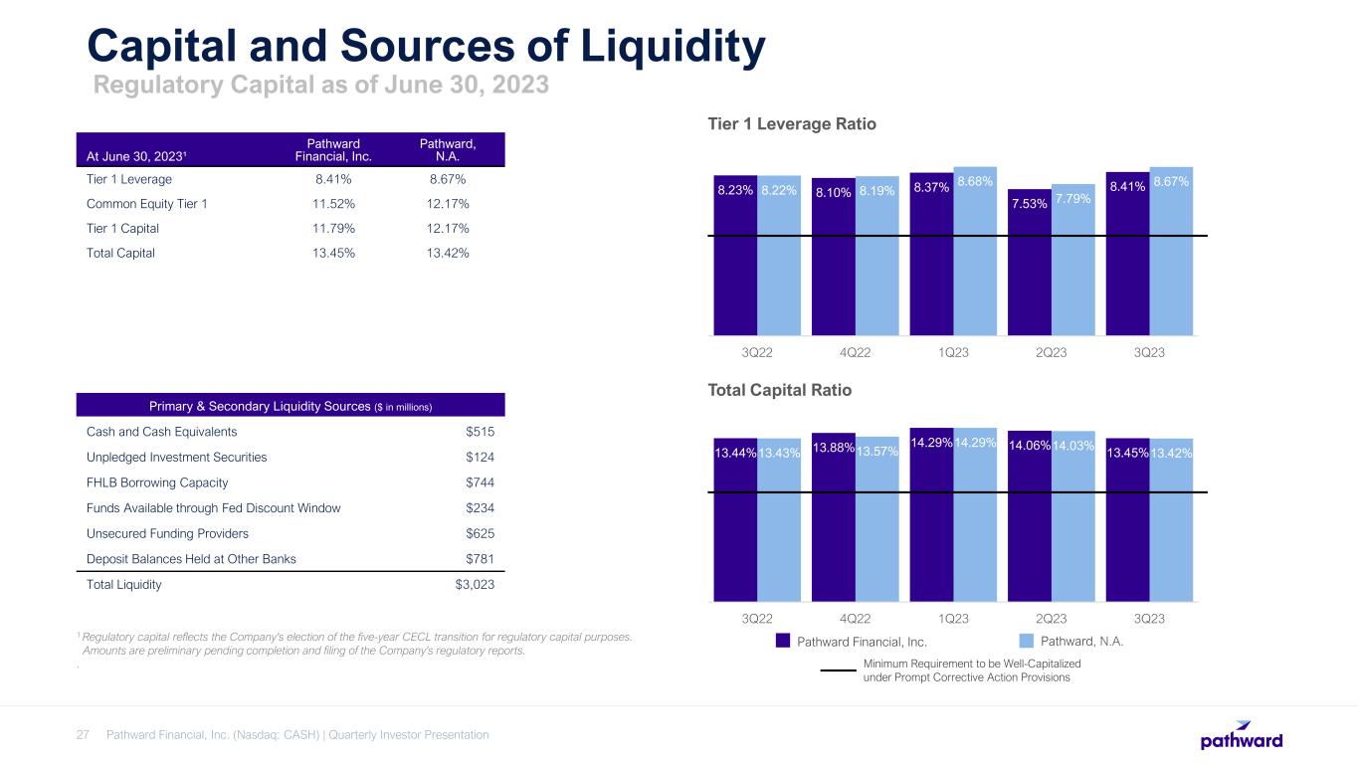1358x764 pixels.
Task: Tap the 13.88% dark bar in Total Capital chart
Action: (x=834, y=527)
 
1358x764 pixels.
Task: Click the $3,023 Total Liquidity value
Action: (x=474, y=585)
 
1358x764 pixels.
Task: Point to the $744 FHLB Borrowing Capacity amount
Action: (x=481, y=482)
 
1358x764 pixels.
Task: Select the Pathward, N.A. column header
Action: (x=447, y=150)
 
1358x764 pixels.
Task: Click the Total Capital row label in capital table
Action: (x=121, y=253)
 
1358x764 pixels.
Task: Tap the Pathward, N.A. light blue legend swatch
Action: (x=1036, y=641)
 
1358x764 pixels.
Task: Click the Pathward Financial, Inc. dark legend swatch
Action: (x=783, y=641)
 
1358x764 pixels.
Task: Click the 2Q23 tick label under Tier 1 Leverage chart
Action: (x=1052, y=352)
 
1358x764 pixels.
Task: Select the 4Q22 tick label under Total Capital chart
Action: (x=856, y=618)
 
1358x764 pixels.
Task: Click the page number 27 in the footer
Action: (x=84, y=735)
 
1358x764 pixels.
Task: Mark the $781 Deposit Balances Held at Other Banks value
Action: (x=481, y=558)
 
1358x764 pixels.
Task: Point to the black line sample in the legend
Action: (x=838, y=669)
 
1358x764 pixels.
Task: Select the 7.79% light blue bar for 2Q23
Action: (x=1073, y=264)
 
